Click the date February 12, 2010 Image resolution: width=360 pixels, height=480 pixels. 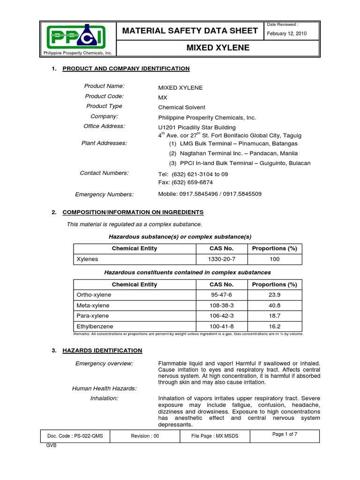pyautogui.click(x=286, y=33)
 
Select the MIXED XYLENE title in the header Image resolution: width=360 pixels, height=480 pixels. pyautogui.click(x=218, y=48)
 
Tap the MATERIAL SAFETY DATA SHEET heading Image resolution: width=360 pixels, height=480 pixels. pyautogui.click(x=190, y=31)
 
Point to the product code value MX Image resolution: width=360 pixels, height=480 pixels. pyautogui.click(x=163, y=97)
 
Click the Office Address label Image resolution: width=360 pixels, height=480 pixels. pyautogui.click(x=104, y=126)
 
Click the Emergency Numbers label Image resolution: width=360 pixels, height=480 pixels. pyautogui.click(x=104, y=195)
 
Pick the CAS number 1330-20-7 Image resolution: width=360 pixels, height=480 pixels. pyautogui.click(x=221, y=259)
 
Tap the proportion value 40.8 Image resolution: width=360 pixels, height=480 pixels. pyautogui.click(x=275, y=305)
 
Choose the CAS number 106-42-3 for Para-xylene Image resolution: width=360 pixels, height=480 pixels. pyautogui.click(x=221, y=315)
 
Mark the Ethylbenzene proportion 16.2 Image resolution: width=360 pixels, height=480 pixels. pyautogui.click(x=275, y=326)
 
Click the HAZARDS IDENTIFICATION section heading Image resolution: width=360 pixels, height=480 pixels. pyautogui.click(x=102, y=350)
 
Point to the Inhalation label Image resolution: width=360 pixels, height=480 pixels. pyautogui.click(x=104, y=398)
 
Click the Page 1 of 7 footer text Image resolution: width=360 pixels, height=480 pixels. pyautogui.click(x=285, y=435)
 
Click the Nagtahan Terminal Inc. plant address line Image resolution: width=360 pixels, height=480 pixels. pyautogui.click(x=233, y=153)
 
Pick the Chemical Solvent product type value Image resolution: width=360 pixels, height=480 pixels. pyautogui.click(x=182, y=107)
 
